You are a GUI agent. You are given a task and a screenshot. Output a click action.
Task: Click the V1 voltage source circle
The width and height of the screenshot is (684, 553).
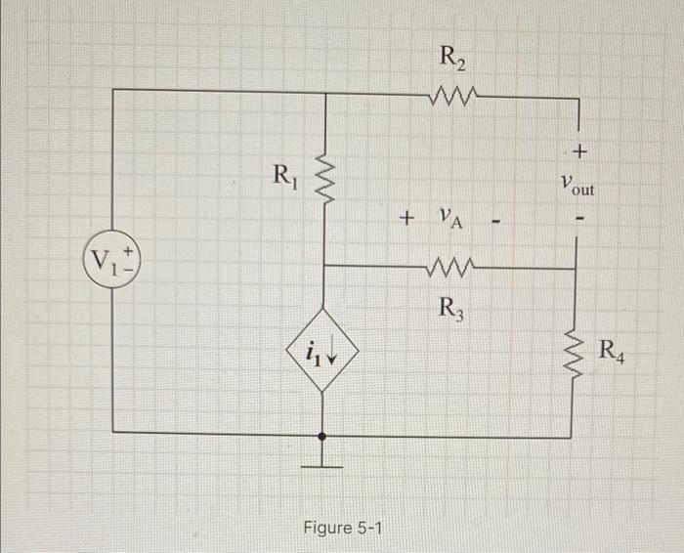tap(114, 262)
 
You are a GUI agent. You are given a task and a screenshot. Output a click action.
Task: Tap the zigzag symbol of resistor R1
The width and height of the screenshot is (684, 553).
tap(324, 178)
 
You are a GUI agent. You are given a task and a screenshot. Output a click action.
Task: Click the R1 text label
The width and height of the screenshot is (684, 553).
tap(283, 177)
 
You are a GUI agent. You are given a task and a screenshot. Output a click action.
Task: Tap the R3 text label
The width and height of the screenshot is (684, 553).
tap(451, 308)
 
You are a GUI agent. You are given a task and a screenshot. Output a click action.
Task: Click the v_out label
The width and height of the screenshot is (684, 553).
tap(579, 184)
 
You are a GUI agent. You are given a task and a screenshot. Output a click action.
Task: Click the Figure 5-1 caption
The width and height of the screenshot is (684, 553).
tap(343, 529)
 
